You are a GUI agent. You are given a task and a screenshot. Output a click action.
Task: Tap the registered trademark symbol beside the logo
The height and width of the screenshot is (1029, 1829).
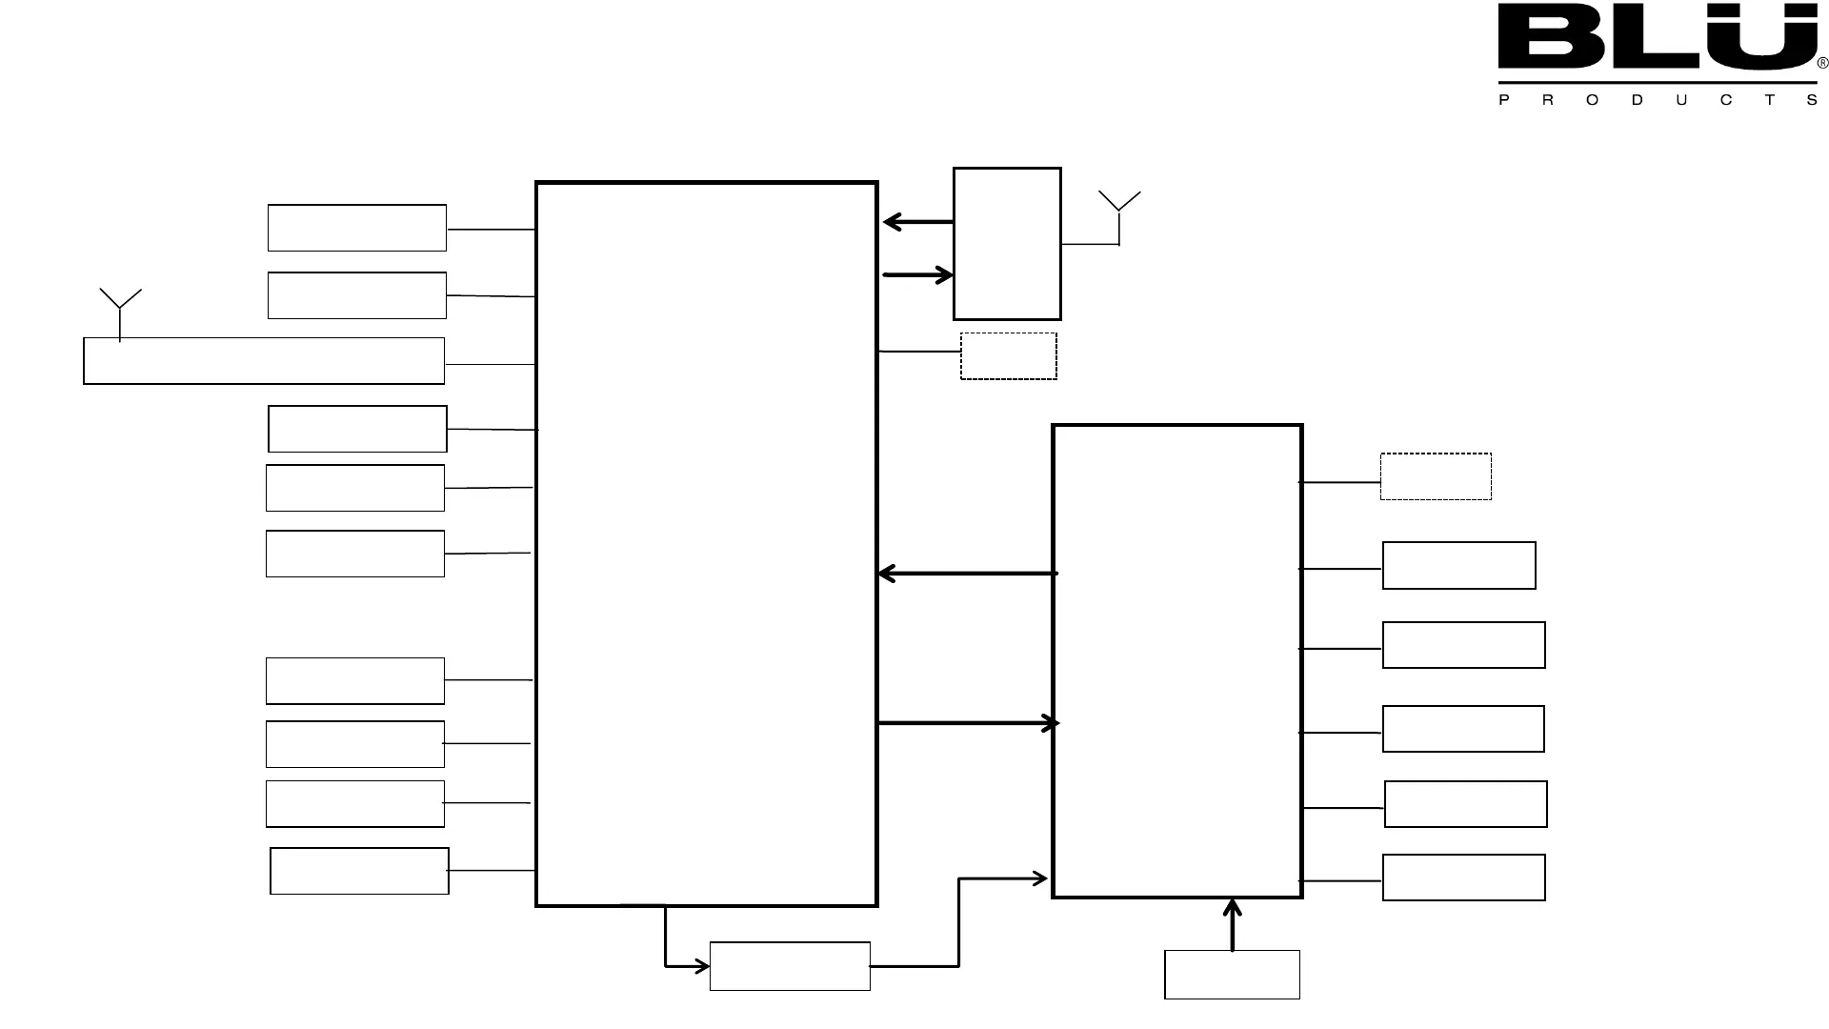point(1822,64)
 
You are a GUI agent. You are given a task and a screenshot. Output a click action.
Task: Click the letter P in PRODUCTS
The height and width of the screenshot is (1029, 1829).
point(1504,100)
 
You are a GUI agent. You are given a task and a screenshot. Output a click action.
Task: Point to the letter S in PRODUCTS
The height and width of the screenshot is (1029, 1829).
point(1812,100)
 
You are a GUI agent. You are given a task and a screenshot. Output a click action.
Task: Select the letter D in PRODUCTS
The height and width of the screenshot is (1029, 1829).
point(1637,100)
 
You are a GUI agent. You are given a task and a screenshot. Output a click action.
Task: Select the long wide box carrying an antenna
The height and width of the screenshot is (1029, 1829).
point(264,361)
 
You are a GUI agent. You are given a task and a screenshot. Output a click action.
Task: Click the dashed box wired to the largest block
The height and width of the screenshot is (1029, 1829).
point(1008,356)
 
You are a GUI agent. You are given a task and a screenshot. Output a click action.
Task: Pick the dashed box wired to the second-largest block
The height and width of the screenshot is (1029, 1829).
point(1436,476)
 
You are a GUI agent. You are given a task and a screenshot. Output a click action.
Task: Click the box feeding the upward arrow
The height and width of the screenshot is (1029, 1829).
point(1232,975)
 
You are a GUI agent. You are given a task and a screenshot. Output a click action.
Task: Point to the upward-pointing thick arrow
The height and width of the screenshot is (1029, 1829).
point(1233,924)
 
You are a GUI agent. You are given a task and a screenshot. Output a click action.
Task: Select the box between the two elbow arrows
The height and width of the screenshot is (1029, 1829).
point(790,966)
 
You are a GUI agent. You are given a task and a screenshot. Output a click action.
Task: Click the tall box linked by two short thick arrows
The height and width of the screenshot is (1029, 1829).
point(1007,244)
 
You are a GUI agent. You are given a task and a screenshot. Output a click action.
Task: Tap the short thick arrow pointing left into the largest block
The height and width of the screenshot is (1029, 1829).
point(917,222)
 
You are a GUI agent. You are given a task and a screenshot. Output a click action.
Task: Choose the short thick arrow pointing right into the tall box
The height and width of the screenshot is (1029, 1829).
point(917,275)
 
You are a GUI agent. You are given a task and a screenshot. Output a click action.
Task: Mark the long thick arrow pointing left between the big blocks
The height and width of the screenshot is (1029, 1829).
point(967,574)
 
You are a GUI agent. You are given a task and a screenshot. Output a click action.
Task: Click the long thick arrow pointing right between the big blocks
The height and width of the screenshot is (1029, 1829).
point(967,724)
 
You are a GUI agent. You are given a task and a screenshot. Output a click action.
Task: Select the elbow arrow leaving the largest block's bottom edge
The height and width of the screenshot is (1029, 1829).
point(666,943)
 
